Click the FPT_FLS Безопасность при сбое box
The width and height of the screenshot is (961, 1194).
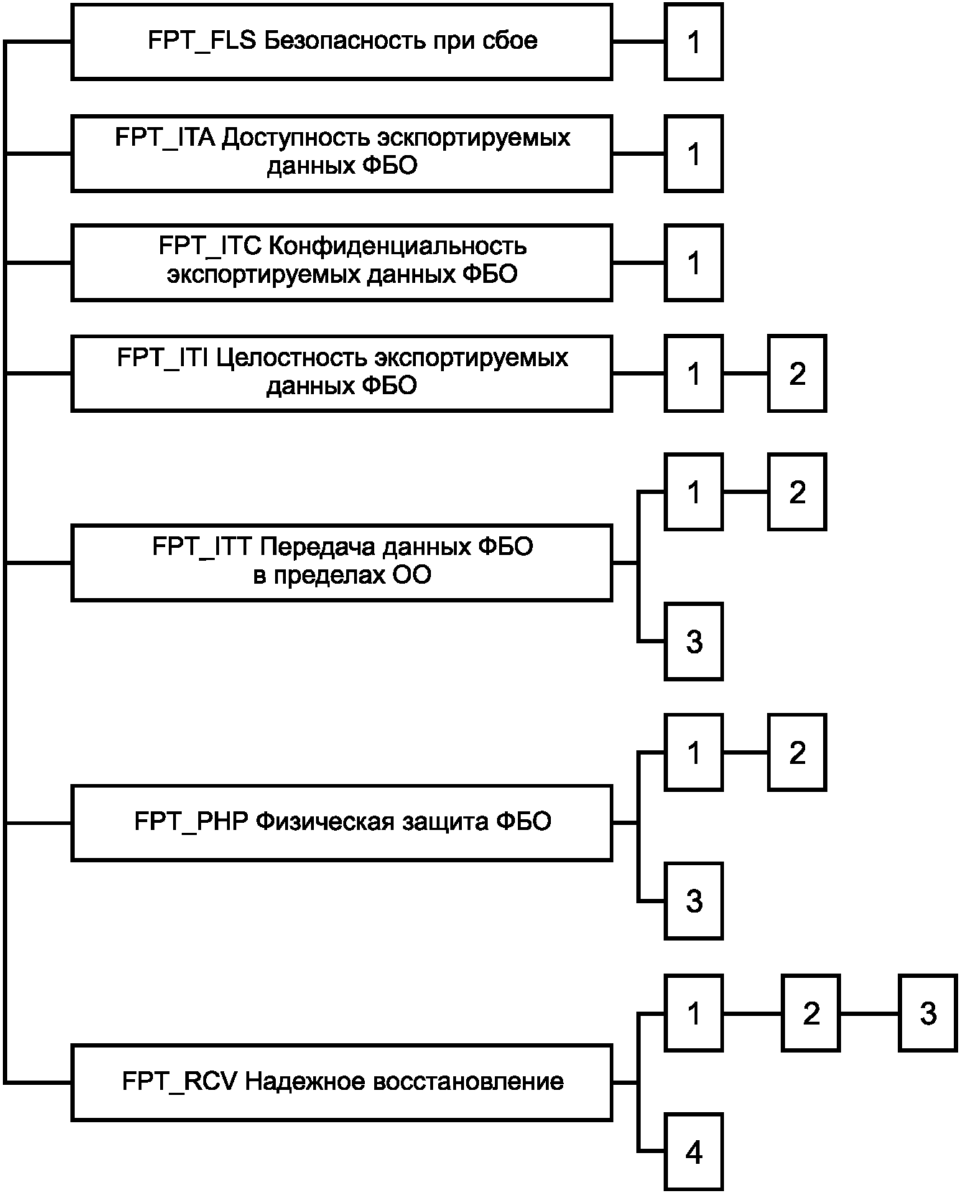pyautogui.click(x=342, y=42)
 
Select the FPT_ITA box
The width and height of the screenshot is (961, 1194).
pyautogui.click(x=342, y=153)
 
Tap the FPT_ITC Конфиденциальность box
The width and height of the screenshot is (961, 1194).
pyautogui.click(x=342, y=263)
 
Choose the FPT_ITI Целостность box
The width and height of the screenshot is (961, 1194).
pyautogui.click(x=342, y=373)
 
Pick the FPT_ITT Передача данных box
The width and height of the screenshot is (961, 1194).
pyautogui.click(x=342, y=563)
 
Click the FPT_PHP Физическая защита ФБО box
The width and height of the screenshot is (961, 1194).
pyautogui.click(x=342, y=823)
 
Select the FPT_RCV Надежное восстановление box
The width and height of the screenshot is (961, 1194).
pyautogui.click(x=342, y=1083)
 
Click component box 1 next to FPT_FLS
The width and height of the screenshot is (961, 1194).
pyautogui.click(x=694, y=42)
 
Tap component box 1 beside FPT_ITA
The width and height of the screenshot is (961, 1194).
pyautogui.click(x=694, y=153)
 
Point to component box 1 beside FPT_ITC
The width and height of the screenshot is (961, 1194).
pyautogui.click(x=694, y=263)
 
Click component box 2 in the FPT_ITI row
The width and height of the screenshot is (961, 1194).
pyautogui.click(x=797, y=373)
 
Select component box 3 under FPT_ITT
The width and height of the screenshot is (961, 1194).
pyautogui.click(x=694, y=641)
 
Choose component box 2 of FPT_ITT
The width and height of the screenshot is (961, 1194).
pyautogui.click(x=797, y=492)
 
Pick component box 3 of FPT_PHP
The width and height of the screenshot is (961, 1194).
pyautogui.click(x=694, y=901)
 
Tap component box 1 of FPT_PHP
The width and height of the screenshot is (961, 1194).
pyautogui.click(x=694, y=752)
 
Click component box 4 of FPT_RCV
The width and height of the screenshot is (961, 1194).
pyautogui.click(x=694, y=1152)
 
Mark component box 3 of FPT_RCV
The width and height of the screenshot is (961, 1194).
pyautogui.click(x=928, y=1014)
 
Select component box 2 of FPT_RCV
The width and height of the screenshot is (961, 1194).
pyautogui.click(x=811, y=1014)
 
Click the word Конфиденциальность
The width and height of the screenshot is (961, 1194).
pyautogui.click(x=397, y=246)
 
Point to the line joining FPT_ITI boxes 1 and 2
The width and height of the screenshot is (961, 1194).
pyautogui.click(x=746, y=373)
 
